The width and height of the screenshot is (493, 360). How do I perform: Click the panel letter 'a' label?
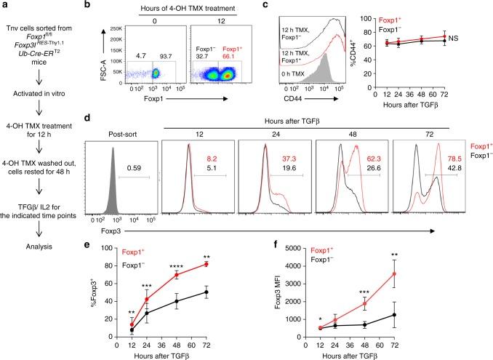coord(4,5)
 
